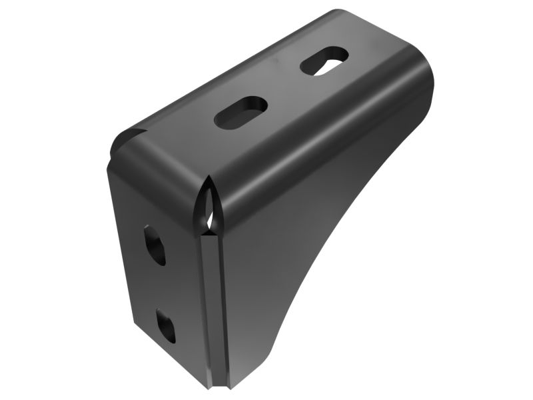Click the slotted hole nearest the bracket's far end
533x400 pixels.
click(x=325, y=61)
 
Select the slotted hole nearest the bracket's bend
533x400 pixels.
click(x=241, y=111)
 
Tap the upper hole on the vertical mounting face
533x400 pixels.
click(x=155, y=245)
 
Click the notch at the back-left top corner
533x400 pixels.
click(x=127, y=137)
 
